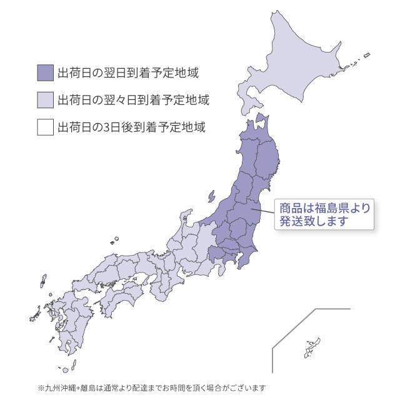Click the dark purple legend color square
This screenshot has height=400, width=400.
(45, 73)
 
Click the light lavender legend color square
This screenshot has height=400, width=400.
(45, 100)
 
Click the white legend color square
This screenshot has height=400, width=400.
(45, 127)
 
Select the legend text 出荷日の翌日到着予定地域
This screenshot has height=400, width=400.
(127, 73)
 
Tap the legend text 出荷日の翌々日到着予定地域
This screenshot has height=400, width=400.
(132, 100)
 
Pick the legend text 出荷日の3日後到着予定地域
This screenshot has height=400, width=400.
(131, 127)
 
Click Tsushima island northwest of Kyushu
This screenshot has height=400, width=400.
(42, 283)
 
